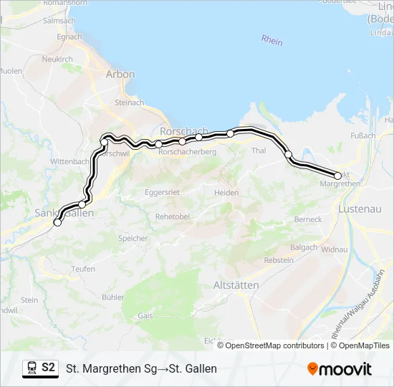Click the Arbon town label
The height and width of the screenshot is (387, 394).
120,74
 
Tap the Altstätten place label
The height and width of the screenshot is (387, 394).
236,285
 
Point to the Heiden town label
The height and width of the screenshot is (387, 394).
226,193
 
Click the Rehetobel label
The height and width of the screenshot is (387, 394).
170,216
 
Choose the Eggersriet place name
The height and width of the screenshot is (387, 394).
162,193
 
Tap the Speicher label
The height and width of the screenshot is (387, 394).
133,239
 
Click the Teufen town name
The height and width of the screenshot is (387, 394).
83,269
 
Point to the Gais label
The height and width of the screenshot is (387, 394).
145,315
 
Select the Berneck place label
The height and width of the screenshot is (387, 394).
308,219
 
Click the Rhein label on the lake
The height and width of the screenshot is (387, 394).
272,41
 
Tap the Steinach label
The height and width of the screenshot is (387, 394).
129,103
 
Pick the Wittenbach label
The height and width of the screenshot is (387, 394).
69,162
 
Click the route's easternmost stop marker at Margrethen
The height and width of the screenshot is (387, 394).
338,176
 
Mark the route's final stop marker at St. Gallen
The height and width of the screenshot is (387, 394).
57,222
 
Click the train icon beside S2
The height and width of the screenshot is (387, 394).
32,368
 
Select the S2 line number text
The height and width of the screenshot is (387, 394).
49,368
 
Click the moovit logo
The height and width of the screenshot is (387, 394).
340,369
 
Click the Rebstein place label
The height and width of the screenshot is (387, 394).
279,261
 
